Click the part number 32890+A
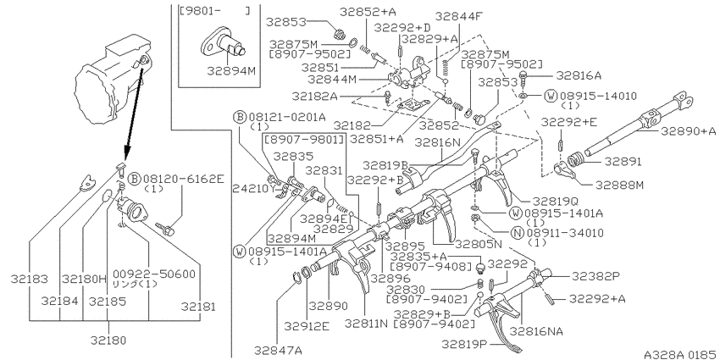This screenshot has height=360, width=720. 689,131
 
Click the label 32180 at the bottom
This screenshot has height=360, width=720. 108,341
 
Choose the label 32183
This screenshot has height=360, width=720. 29,279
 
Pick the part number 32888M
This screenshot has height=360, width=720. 619,185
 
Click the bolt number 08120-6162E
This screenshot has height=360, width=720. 184,179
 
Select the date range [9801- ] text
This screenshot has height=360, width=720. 215,10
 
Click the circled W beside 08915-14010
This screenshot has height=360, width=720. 550,96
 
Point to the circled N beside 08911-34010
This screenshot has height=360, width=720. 518,232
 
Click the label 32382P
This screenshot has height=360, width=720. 595,276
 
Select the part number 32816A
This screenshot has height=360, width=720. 578,75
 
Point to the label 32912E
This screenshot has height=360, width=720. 307,326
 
